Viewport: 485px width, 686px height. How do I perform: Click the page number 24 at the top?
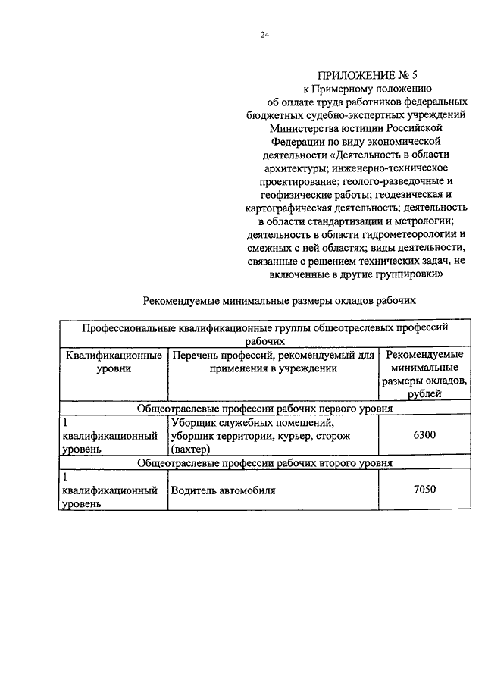pos(264,35)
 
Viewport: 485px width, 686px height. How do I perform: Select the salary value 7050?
pos(424,490)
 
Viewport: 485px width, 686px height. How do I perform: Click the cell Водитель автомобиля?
pos(224,490)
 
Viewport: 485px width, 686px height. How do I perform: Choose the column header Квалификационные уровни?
pos(113,362)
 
